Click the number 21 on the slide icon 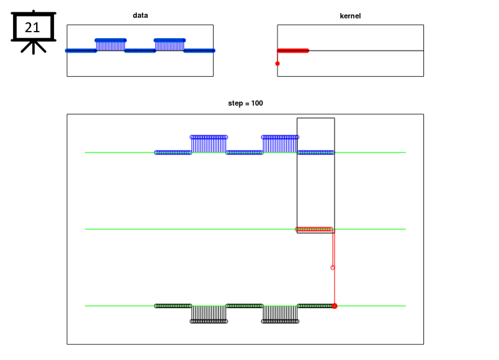click(32, 28)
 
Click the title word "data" click(140, 15)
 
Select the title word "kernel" click(350, 16)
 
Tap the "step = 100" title click(245, 103)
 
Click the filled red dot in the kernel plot click(277, 64)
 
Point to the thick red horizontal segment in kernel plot click(293, 51)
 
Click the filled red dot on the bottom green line click(335, 306)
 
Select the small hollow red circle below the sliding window click(333, 268)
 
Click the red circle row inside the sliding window click(314, 229)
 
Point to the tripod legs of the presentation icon click(34, 47)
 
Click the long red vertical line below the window click(335, 269)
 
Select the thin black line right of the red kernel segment click(366, 51)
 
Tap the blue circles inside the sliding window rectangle click(316, 152)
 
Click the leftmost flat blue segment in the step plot click(173, 152)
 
